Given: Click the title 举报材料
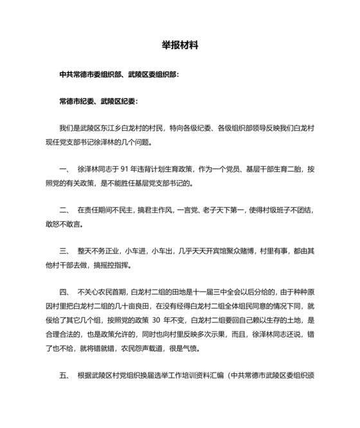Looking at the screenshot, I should (180, 46).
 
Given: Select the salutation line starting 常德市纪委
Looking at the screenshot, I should (97, 101).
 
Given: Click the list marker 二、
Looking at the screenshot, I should (64, 210).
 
